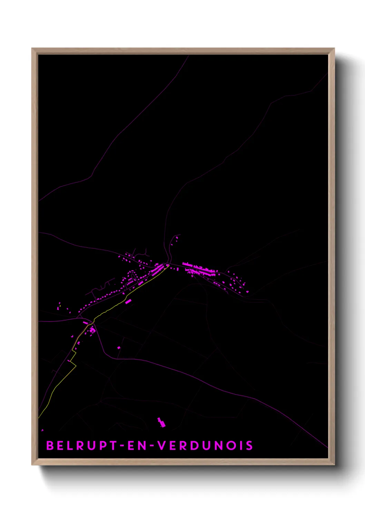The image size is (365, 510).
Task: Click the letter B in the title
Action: coord(50,446)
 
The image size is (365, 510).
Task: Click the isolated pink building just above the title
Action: coord(161,422)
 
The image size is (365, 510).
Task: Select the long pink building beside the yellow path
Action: coord(128,302)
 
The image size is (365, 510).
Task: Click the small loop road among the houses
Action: coord(132,276)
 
